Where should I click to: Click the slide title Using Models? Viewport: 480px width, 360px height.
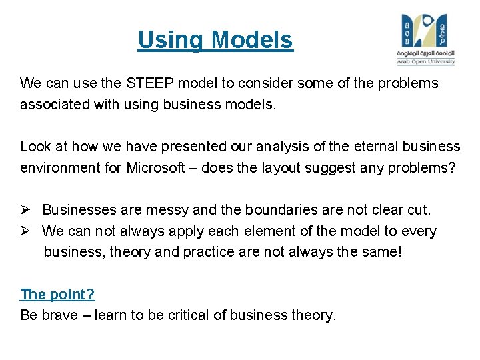pos(215,41)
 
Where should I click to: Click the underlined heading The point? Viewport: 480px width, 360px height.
pos(57,294)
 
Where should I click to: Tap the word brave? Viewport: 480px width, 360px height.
pos(60,315)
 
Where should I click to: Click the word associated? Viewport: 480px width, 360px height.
pos(55,105)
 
